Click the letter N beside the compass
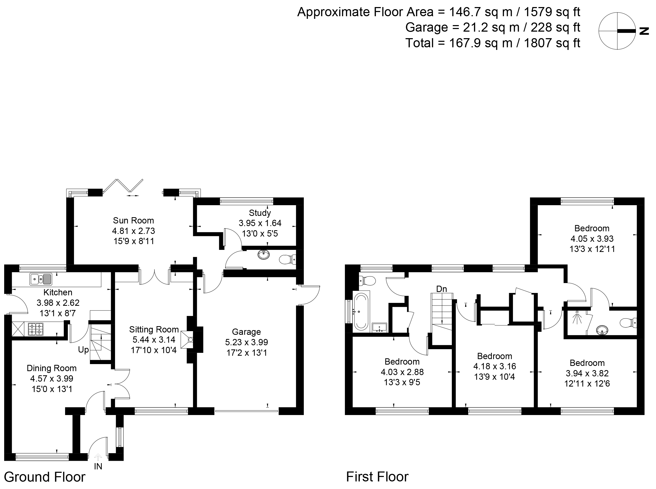point(644,31)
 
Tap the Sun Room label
point(133,221)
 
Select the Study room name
point(260,213)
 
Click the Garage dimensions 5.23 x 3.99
point(246,342)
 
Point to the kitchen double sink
point(41,279)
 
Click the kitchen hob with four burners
point(35,329)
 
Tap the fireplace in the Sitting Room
point(187,340)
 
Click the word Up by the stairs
point(83,350)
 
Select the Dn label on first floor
point(441,289)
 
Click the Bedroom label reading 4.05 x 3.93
point(592,239)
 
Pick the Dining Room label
point(52,368)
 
